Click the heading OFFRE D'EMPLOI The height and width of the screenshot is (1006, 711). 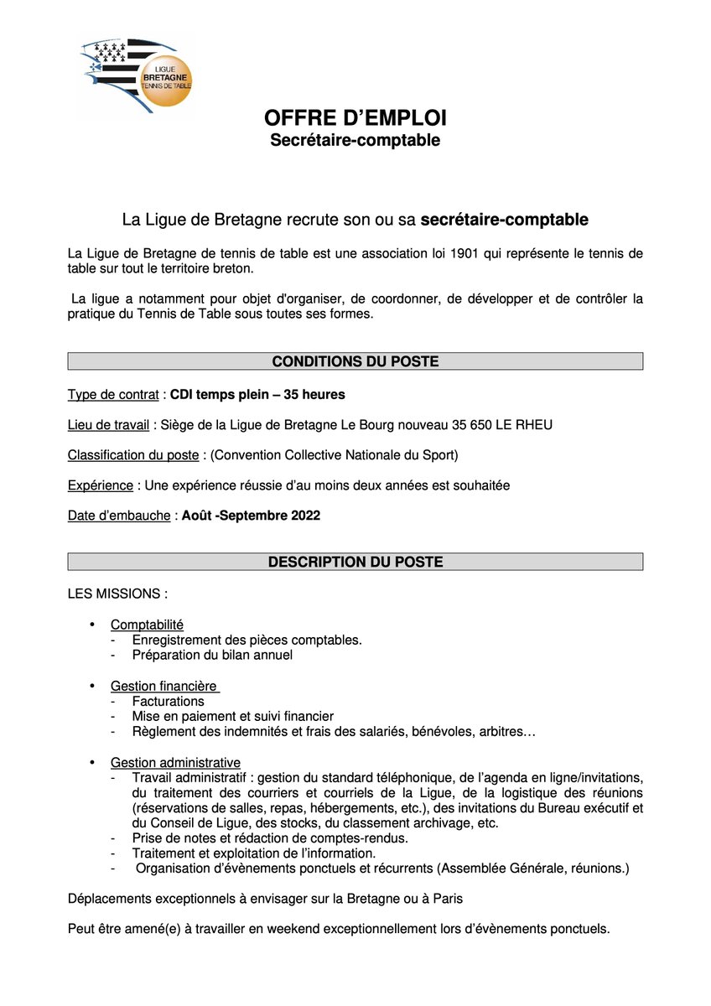(x=355, y=118)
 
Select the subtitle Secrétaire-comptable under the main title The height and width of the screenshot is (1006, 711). (x=355, y=140)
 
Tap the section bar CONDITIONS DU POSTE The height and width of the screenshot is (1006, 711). (x=355, y=361)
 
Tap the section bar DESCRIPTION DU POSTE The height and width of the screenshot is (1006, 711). (x=355, y=562)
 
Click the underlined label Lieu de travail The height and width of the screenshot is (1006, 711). (x=108, y=425)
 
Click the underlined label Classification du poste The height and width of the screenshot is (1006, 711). (x=133, y=455)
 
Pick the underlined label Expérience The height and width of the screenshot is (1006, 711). (x=100, y=485)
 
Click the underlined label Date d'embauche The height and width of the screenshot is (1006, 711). (x=119, y=516)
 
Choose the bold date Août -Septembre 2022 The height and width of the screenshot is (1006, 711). (x=251, y=516)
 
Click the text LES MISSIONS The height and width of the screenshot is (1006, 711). (x=117, y=594)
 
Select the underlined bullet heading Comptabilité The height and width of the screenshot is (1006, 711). (x=147, y=625)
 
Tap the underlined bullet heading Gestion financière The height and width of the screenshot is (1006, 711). (x=163, y=687)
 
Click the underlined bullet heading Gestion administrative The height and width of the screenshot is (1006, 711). (x=175, y=762)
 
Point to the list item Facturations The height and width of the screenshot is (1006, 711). (x=168, y=701)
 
